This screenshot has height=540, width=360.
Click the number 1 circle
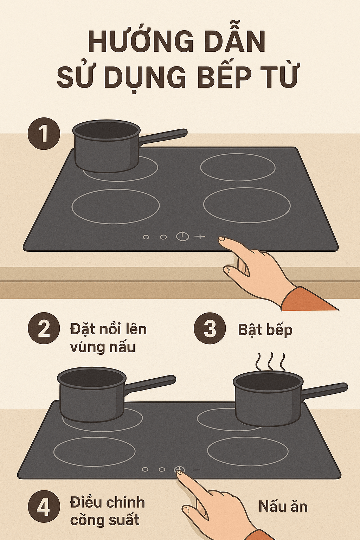pyautogui.click(x=44, y=134)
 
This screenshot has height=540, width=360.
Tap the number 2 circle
pyautogui.click(x=44, y=328)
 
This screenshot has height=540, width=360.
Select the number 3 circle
pyautogui.click(x=210, y=328)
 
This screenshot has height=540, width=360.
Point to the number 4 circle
pyautogui.click(x=44, y=506)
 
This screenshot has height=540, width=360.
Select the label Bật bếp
pyautogui.click(x=265, y=330)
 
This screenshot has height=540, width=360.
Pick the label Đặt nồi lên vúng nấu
pyautogui.click(x=108, y=338)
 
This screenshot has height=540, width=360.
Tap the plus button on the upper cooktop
pyautogui.click(x=200, y=237)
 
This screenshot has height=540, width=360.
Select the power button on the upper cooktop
pyautogui.click(x=182, y=236)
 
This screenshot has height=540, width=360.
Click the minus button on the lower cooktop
pyautogui.click(x=197, y=470)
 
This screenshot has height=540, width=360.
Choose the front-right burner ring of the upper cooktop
pyautogui.click(x=247, y=205)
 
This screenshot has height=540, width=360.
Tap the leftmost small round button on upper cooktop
pyautogui.click(x=146, y=237)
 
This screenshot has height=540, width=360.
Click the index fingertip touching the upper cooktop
pyautogui.click(x=222, y=239)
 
